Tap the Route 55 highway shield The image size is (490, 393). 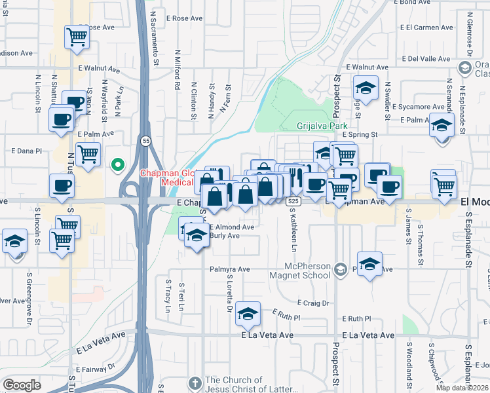(x=143, y=141)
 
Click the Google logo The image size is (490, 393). (x=22, y=385)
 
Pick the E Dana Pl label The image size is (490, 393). (x=26, y=150)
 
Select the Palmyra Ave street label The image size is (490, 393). (x=230, y=269)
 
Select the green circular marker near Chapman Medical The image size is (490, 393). (x=118, y=164)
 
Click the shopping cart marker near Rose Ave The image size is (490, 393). (x=77, y=37)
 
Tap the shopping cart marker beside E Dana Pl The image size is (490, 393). (x=88, y=155)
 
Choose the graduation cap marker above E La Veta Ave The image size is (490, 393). (x=248, y=314)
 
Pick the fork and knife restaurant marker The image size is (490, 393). (x=295, y=177)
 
